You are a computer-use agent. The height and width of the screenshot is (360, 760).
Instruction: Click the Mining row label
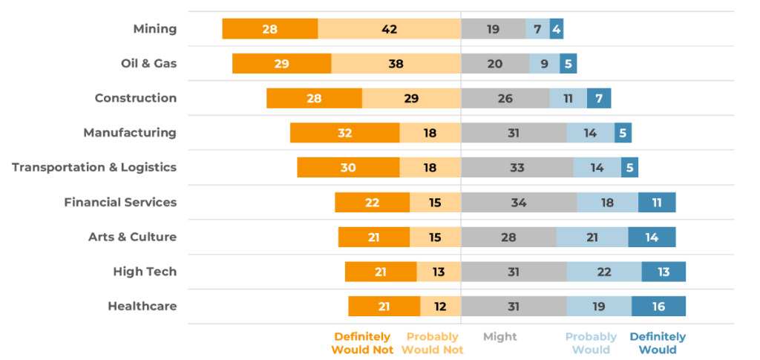tap(154, 29)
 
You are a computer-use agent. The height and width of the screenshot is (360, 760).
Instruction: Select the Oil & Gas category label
tap(148, 64)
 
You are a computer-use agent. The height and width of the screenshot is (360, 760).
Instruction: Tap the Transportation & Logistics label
tap(94, 167)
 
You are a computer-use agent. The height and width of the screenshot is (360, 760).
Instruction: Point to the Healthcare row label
tap(142, 306)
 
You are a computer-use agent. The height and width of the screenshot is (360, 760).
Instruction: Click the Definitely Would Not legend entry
tap(362, 343)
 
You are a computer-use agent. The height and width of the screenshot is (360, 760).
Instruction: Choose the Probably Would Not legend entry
tap(433, 343)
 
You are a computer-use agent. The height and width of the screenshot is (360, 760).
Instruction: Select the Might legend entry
tap(499, 336)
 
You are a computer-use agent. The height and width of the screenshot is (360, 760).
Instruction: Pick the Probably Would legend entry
tap(591, 343)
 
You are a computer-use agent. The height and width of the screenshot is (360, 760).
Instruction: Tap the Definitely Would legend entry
tap(658, 343)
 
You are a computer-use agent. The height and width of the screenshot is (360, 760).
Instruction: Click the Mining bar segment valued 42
tap(389, 29)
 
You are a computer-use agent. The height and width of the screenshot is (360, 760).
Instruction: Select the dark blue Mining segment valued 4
tap(557, 29)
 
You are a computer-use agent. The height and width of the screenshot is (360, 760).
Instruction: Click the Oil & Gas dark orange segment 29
tap(281, 64)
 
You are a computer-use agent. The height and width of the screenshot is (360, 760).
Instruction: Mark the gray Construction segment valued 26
tap(505, 98)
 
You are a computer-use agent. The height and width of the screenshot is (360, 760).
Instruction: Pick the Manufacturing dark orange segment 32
tap(344, 133)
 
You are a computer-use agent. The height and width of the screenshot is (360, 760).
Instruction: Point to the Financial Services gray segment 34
tap(518, 202)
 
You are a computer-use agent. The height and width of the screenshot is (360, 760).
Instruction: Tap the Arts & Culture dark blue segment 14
tap(652, 237)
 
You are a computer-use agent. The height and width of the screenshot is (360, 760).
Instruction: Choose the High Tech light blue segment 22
tap(603, 272)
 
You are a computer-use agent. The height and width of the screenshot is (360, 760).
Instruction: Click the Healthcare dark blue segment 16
tap(658, 306)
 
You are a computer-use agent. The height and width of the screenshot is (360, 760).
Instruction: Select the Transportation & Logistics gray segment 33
tap(517, 167)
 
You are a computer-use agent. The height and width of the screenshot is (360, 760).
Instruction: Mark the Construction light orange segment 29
tap(411, 98)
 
